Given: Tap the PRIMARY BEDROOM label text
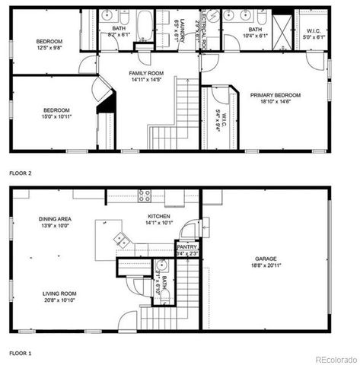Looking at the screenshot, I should (x=276, y=95).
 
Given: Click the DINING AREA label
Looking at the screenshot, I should (x=54, y=219).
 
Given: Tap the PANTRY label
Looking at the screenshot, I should (x=186, y=247).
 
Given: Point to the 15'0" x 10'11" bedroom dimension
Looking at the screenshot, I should (x=59, y=117).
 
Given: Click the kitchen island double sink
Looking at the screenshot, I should (x=121, y=240).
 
